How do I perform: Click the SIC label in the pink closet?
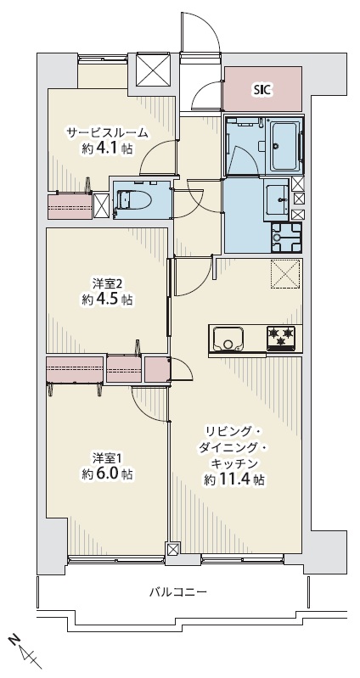pos(262,89)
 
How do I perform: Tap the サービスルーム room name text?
pos(107,132)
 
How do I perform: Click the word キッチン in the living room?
pos(234,463)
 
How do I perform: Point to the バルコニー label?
pos(178,591)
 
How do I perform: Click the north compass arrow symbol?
pos(26,652)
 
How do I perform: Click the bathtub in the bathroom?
pos(284,144)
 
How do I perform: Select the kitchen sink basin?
pos(228,338)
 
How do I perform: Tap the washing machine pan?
pos(285,238)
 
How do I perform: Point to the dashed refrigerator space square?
pos(285,273)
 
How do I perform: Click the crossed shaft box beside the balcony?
pos(172,549)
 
